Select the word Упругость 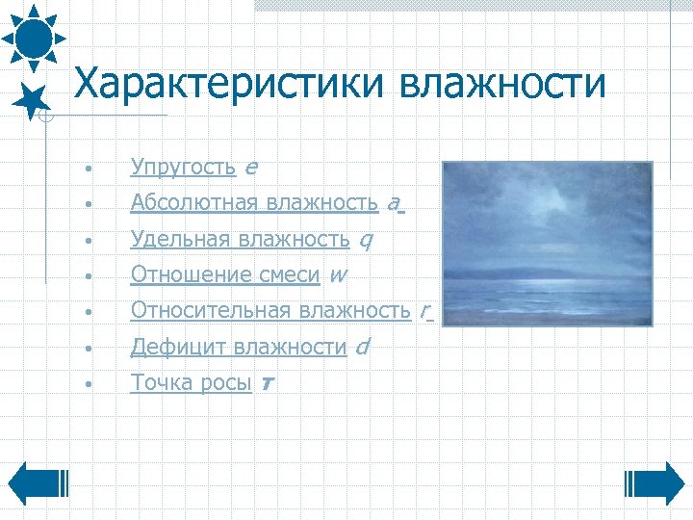click(183, 168)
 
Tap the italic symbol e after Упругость click(250, 169)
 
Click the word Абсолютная click(194, 203)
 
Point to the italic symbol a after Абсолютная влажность click(393, 204)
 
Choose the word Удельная click(182, 239)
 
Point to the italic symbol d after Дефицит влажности click(361, 347)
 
